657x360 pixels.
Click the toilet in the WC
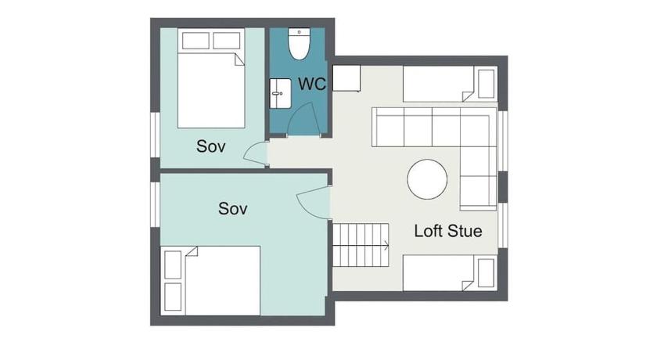click(299, 44)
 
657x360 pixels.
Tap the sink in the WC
click(280, 93)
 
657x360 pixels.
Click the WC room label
click(312, 84)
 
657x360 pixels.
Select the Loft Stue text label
click(448, 231)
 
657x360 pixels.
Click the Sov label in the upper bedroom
click(210, 146)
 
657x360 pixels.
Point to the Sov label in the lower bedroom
click(232, 208)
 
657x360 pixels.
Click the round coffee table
click(427, 179)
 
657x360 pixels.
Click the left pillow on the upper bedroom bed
click(196, 41)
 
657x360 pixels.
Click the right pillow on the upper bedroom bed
click(227, 41)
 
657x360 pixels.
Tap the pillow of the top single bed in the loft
click(486, 84)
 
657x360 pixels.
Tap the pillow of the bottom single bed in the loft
click(486, 273)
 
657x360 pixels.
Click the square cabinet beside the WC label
click(346, 78)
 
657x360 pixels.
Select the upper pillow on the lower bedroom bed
click(173, 265)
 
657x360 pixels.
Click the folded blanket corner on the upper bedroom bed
click(239, 59)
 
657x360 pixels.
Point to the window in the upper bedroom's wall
click(155, 135)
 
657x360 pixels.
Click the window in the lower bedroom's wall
click(155, 204)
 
